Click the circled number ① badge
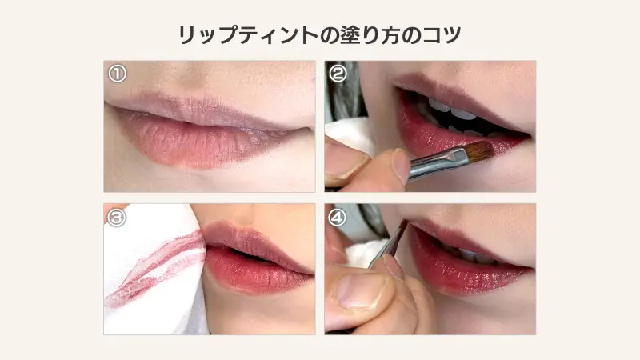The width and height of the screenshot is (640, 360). click(x=117, y=74)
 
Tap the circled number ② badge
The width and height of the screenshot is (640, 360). click(x=338, y=74)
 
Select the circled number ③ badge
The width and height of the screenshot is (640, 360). click(x=117, y=218)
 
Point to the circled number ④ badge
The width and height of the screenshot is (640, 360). click(x=337, y=218)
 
